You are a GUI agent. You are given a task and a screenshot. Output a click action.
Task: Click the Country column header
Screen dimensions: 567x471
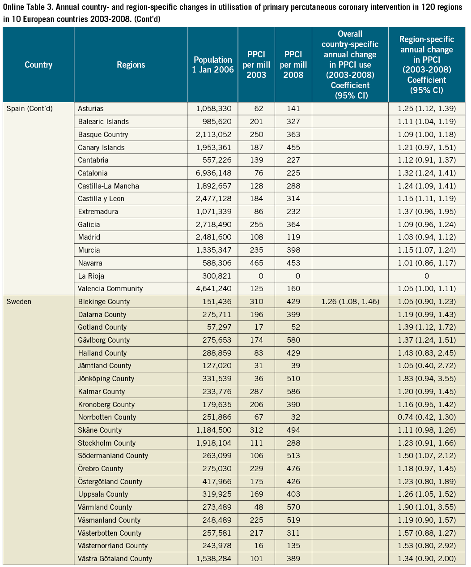pyautogui.click(x=38, y=65)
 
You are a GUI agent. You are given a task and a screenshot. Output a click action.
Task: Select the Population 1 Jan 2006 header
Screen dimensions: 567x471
pyautogui.click(x=213, y=65)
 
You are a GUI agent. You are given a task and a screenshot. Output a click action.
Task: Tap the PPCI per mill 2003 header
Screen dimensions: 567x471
pyautogui.click(x=256, y=65)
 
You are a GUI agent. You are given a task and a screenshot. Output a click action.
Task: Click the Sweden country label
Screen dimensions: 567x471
pyautogui.click(x=19, y=301)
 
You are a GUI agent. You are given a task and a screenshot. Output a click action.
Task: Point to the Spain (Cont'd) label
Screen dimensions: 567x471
pyautogui.click(x=30, y=108)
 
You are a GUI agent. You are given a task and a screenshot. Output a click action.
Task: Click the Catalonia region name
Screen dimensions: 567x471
pyautogui.click(x=93, y=173)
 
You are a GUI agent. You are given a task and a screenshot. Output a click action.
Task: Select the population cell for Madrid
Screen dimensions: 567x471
pyautogui.click(x=214, y=237)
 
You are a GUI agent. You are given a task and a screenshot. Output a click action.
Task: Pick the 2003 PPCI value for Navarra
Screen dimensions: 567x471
pyautogui.click(x=256, y=263)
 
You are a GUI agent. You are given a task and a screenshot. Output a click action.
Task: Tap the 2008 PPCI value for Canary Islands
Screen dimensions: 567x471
pyautogui.click(x=293, y=147)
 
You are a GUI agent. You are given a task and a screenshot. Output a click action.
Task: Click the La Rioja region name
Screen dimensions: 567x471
pyautogui.click(x=91, y=276)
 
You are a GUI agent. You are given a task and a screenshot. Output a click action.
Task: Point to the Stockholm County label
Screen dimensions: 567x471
pyautogui.click(x=106, y=443)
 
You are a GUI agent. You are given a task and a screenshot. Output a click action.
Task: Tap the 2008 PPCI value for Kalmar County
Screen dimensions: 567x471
pyautogui.click(x=293, y=391)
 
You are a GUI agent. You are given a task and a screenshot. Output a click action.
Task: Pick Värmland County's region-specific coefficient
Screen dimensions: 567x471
pyautogui.click(x=427, y=507)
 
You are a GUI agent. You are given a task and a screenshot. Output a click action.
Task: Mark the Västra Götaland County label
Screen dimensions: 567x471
pyautogui.click(x=115, y=558)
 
